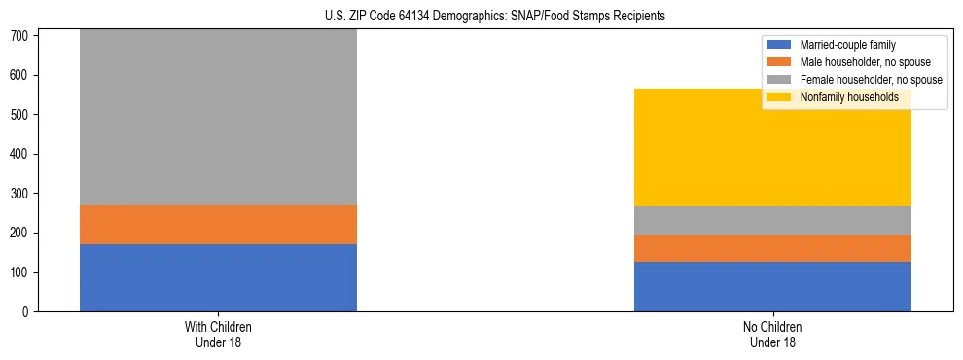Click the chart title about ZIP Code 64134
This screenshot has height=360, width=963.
495,17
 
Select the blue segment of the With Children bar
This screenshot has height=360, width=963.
218,277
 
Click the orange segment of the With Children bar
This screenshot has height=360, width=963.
218,225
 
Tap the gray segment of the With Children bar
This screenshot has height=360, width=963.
218,117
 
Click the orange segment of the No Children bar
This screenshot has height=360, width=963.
772,248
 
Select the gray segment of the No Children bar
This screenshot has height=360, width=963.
772,221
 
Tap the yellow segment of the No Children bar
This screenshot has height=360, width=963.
772,148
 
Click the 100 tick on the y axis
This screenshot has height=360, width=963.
21,272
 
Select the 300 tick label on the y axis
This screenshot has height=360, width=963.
21,194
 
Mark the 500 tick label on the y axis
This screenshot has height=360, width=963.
21,115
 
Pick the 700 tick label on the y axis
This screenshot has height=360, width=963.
21,36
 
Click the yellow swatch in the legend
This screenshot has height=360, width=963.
780,97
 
